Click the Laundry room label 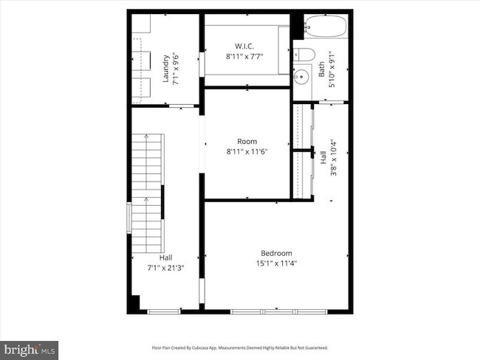(x=165, y=69)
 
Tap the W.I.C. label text (x=244, y=46)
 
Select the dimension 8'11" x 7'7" (x=244, y=57)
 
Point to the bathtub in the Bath (x=326, y=27)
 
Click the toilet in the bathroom (x=304, y=55)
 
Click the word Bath (x=321, y=69)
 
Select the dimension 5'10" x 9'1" (x=332, y=69)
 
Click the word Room (x=247, y=142)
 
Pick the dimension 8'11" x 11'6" (x=247, y=152)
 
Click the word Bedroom (x=276, y=253)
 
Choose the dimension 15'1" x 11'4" (x=276, y=263)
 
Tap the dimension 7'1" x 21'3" (x=165, y=269)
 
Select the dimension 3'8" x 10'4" (x=333, y=158)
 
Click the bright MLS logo (x=29, y=350)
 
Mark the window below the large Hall (x=164, y=312)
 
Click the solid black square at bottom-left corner (x=134, y=303)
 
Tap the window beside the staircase (x=129, y=218)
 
